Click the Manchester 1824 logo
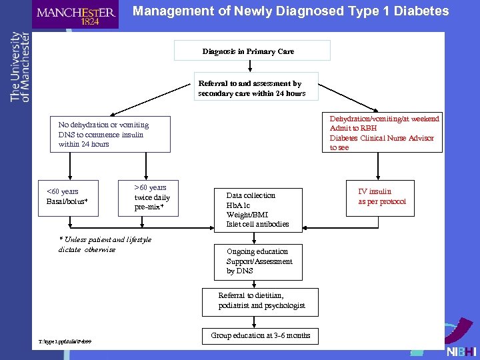pyautogui.click(x=75, y=15)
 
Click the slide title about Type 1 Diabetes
pyautogui.click(x=290, y=11)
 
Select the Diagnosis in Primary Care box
pyautogui.click(x=252, y=51)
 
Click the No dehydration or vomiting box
pyautogui.click(x=110, y=134)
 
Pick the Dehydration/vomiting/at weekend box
pyautogui.click(x=384, y=133)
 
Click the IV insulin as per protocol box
pyautogui.click(x=381, y=197)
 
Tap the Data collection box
pyautogui.click(x=258, y=209)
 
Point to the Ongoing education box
pyautogui.click(x=259, y=261)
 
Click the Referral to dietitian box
pyautogui.click(x=261, y=301)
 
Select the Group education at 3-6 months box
pyautogui.click(x=260, y=335)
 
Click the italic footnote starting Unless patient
pyautogui.click(x=105, y=244)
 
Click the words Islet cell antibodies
pyautogui.click(x=258, y=224)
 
